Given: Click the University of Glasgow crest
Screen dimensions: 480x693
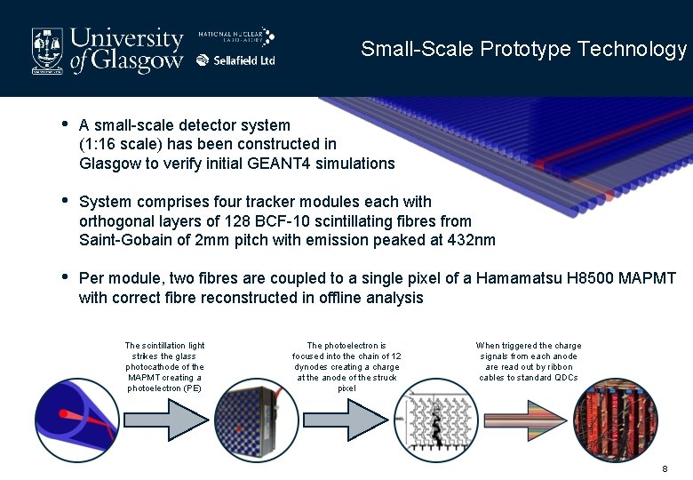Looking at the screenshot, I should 48,49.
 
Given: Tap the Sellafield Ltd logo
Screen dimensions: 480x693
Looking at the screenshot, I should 235,60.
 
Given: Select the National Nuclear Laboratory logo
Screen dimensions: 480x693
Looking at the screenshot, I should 235,36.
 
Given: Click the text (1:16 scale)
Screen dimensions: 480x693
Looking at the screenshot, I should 119,144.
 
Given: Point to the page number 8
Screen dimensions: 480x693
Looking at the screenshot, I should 665,468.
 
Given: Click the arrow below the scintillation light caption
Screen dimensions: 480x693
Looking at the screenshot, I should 165,425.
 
